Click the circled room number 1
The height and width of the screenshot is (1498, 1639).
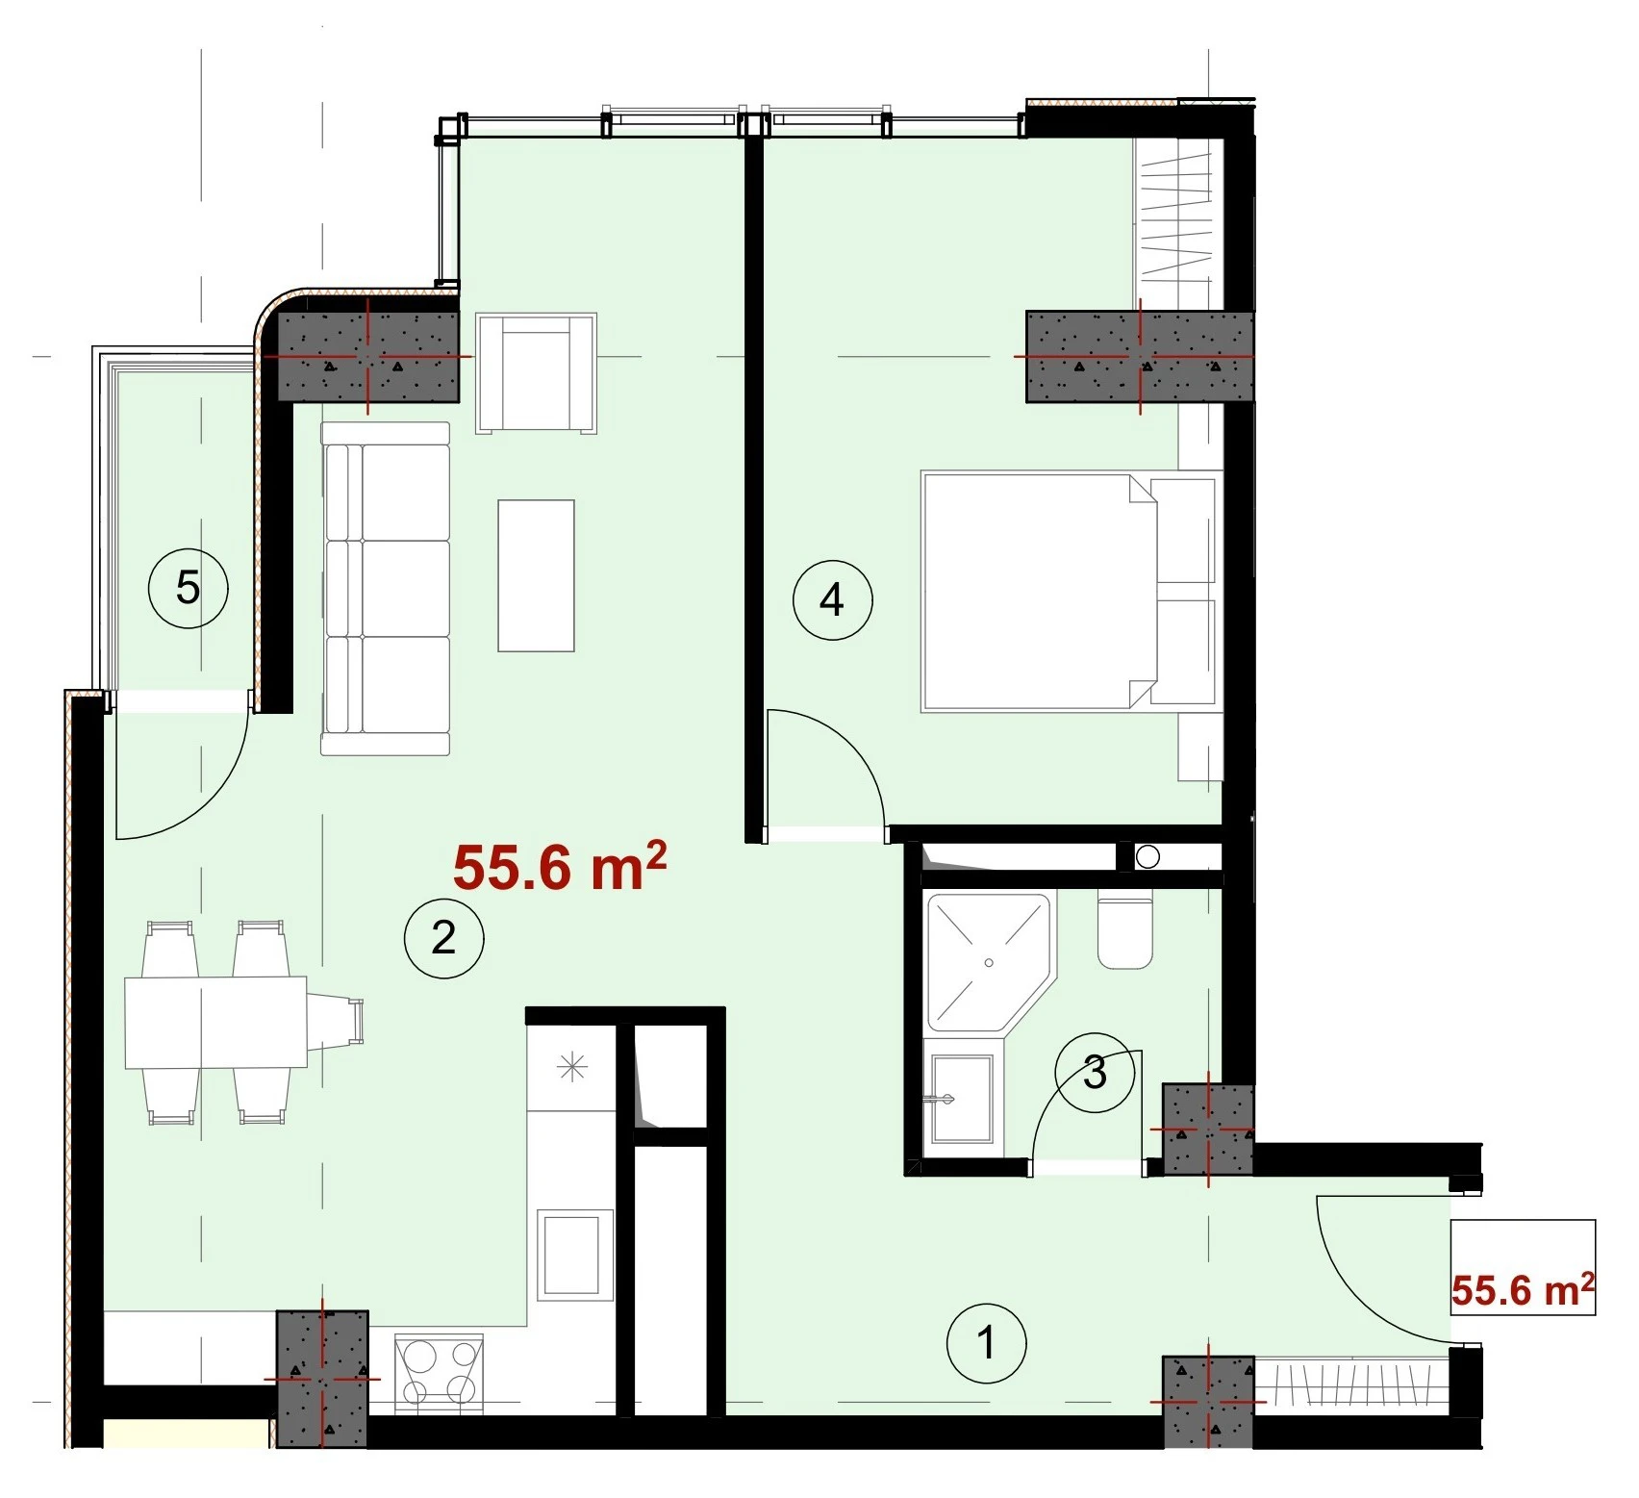986,1343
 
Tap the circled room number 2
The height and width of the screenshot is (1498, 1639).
443,937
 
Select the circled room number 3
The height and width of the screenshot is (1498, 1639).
1095,1073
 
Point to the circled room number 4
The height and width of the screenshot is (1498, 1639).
832,600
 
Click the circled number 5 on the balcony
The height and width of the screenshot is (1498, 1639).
188,587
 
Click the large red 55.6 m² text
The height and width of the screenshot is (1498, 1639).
560,867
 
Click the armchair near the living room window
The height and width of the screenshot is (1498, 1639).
536,372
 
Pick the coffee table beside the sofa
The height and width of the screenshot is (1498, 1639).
536,575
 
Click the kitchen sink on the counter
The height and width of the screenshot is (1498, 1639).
574,1254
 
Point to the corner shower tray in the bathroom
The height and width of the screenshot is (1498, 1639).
990,962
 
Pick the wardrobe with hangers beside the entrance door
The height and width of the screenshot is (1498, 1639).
1351,1385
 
